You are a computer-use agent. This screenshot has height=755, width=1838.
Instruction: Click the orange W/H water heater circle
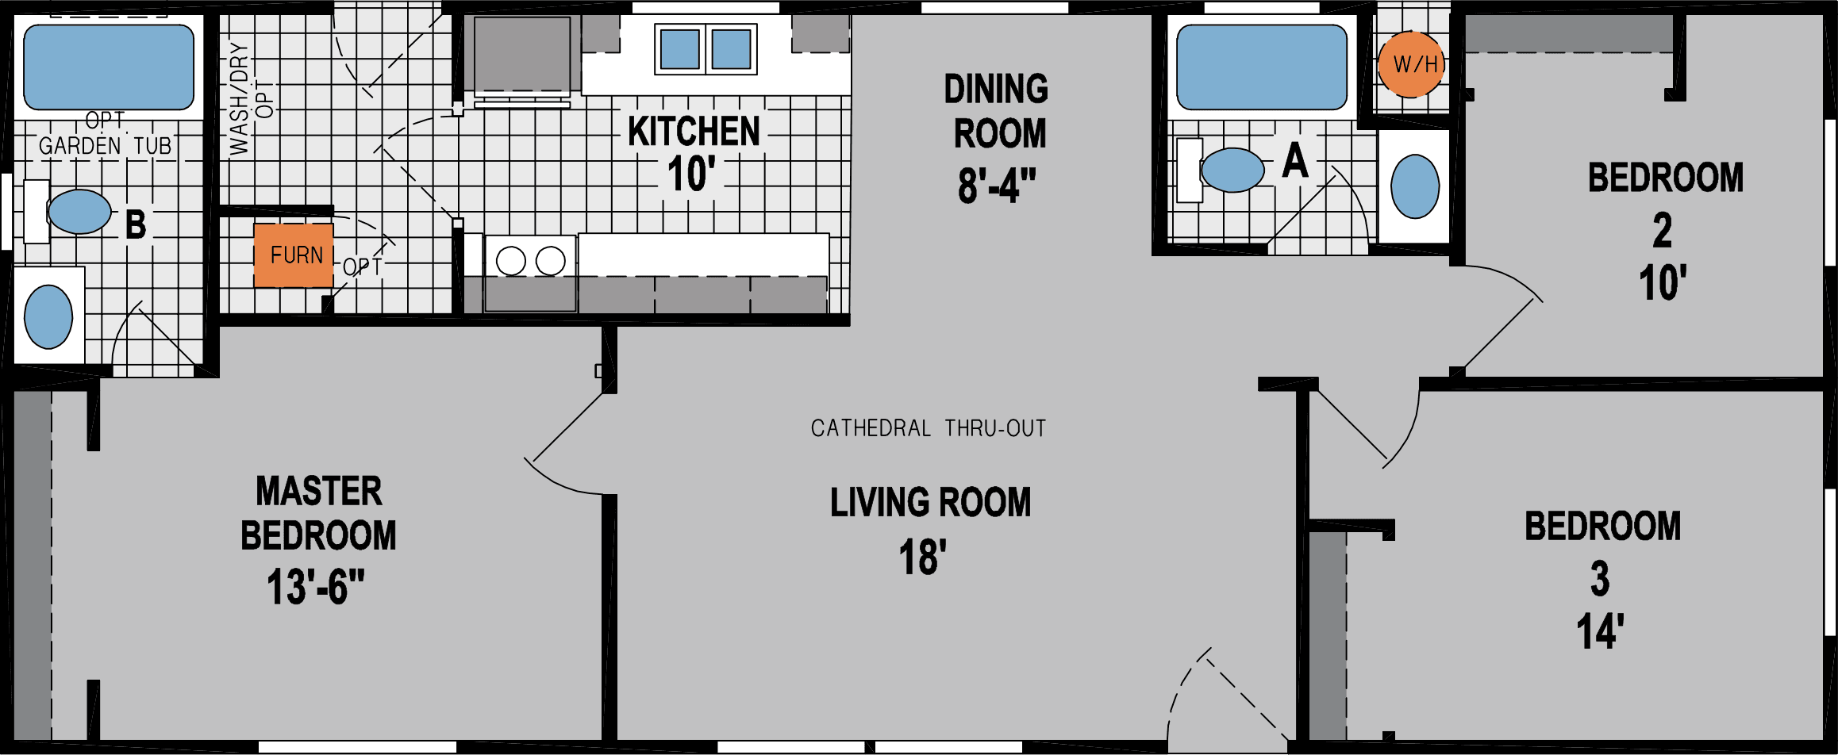tap(1410, 64)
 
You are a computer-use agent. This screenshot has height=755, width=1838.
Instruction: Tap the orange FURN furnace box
tap(294, 255)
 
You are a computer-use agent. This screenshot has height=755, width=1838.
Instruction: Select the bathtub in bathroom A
tap(1261, 67)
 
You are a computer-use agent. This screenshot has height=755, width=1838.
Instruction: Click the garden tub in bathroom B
tap(109, 67)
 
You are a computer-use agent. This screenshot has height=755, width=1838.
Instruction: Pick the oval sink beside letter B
tap(79, 212)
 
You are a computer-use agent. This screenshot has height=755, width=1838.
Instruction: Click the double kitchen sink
tap(706, 49)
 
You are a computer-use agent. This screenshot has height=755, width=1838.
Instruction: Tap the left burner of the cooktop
tap(510, 261)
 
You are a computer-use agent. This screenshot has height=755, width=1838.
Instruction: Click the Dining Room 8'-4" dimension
tap(997, 186)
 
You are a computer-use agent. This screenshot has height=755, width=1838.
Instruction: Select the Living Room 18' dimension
tap(922, 558)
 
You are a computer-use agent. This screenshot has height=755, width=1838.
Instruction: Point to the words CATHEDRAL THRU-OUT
tap(928, 428)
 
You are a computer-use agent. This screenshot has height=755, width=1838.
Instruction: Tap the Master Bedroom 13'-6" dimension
tap(315, 588)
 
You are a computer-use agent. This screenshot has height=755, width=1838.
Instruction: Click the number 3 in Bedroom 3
tap(1600, 578)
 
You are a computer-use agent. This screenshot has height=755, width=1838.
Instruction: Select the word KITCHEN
tap(694, 132)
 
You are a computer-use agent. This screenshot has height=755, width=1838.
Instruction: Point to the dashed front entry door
tap(1226, 698)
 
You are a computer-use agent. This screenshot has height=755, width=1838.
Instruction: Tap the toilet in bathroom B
tap(48, 316)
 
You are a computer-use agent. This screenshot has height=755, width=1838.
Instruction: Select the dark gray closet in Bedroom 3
tap(1327, 634)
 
